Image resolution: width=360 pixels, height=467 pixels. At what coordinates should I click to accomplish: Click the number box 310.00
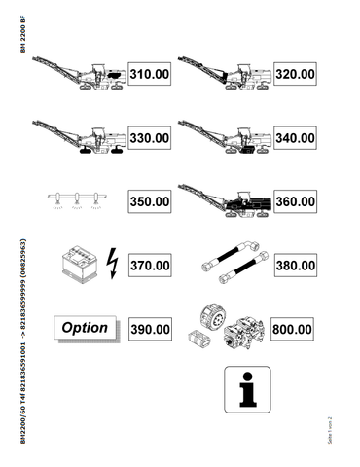click(x=150, y=73)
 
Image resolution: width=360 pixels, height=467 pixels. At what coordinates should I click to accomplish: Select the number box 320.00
click(x=294, y=73)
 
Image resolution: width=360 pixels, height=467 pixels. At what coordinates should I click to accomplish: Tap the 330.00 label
click(x=150, y=138)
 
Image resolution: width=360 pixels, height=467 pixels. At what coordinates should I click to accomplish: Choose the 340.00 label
click(x=294, y=138)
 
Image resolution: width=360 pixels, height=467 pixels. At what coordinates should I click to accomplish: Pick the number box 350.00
click(x=150, y=201)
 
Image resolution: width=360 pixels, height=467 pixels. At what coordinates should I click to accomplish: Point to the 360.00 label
click(x=294, y=201)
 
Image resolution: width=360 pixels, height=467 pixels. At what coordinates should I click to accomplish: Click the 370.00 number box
click(x=150, y=265)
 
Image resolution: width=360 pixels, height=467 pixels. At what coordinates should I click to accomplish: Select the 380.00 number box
click(x=294, y=265)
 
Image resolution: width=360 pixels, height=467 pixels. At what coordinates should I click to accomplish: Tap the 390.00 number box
click(x=150, y=329)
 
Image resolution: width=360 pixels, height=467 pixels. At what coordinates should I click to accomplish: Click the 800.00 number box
click(x=294, y=329)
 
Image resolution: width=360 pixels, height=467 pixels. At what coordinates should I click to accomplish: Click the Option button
click(x=85, y=328)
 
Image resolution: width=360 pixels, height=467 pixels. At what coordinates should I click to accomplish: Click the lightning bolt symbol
click(x=109, y=264)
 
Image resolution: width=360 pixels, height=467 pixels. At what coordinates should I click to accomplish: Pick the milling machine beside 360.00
click(x=226, y=201)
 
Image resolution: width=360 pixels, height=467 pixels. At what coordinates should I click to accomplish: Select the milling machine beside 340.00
click(x=226, y=139)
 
